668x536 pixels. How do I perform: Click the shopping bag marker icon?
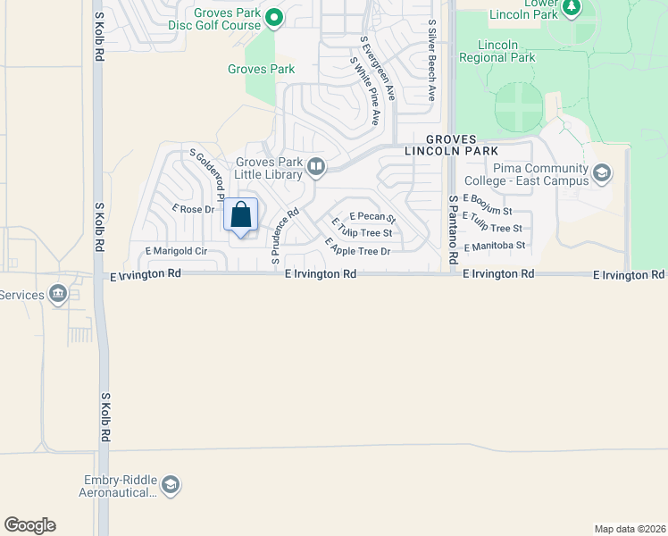click(x=240, y=215)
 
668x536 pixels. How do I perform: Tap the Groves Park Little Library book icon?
click(x=315, y=167)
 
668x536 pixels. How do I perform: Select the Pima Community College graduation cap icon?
click(x=602, y=172)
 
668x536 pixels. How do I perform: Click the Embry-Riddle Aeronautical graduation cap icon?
click(x=171, y=486)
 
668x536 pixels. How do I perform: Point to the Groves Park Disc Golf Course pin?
click(x=275, y=17)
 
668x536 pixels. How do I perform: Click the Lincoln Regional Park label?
click(x=497, y=51)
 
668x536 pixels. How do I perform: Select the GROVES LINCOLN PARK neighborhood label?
click(x=462, y=146)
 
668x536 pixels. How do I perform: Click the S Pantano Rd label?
click(x=454, y=230)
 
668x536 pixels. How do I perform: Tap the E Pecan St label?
click(x=372, y=216)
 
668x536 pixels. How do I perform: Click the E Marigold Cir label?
click(x=170, y=252)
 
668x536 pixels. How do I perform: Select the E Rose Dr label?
click(x=194, y=209)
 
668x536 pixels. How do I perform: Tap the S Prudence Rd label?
click(x=286, y=236)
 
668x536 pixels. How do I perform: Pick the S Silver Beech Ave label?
click(x=431, y=61)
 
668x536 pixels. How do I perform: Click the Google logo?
click(x=29, y=525)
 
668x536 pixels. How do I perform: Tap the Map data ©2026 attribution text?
click(x=629, y=528)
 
